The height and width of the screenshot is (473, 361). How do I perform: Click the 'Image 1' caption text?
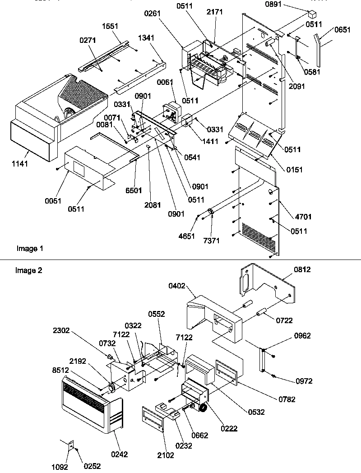coord(30,248)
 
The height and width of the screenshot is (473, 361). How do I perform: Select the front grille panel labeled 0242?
coord(90,408)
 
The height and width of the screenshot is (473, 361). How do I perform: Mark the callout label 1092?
coord(60,466)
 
